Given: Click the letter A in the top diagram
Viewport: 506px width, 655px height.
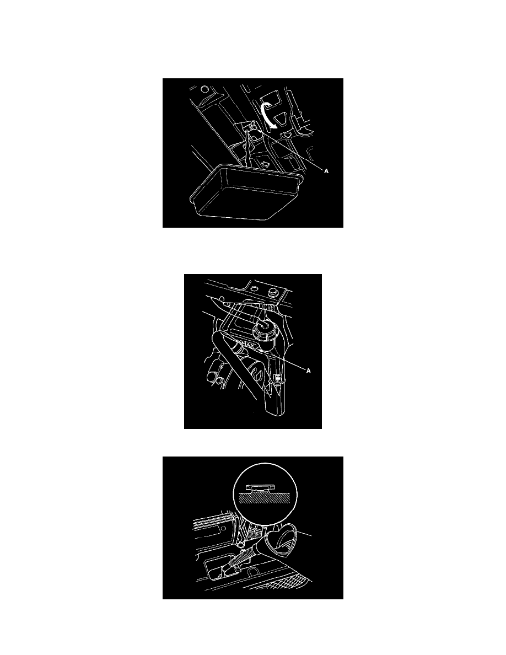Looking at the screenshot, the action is (x=326, y=171).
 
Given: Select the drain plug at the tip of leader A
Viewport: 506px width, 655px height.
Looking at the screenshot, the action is (x=254, y=127).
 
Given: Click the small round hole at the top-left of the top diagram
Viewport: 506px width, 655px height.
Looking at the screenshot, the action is (x=204, y=89).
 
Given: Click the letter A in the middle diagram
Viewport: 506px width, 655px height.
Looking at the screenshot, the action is (x=309, y=371).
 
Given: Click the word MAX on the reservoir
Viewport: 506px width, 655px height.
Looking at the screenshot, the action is (x=249, y=346).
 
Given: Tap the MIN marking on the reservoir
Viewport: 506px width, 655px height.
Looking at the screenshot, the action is (x=276, y=378).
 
